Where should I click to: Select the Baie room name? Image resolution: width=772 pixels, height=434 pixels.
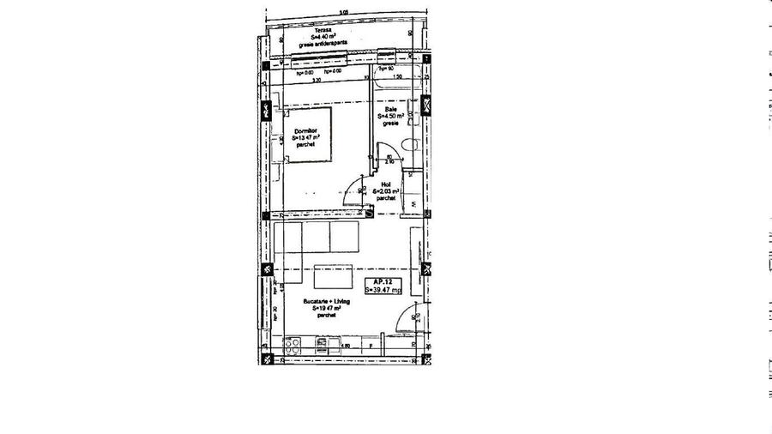391,110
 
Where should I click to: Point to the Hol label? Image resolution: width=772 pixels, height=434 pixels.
387,184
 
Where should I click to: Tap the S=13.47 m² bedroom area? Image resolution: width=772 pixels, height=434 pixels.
306,137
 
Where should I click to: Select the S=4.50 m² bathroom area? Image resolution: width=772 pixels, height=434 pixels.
391,117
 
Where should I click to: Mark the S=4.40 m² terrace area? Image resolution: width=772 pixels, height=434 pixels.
323,37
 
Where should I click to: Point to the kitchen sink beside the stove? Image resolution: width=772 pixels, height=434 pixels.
322,346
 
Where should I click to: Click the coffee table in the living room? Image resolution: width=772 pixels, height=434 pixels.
332,276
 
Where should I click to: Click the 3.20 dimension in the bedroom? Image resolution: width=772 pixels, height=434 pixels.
316,80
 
